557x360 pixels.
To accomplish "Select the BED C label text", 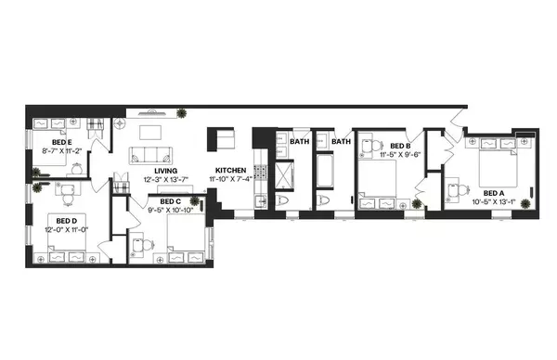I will coord(170,200).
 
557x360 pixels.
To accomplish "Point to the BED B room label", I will coord(400,147).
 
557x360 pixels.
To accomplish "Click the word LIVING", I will coord(166,171).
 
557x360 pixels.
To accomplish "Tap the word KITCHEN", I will coord(230,171).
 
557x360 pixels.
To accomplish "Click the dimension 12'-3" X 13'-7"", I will coord(166,180).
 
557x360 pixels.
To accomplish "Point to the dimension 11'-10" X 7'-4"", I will coord(230,180).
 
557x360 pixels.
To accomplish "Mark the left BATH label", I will coord(299,142).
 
